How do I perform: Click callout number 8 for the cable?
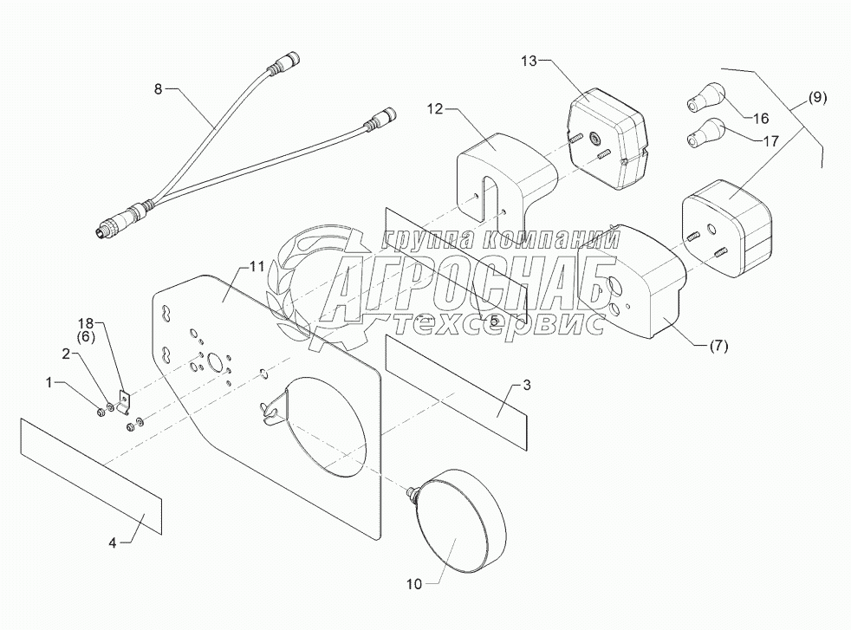coord(157,88)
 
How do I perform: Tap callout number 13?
coord(530,61)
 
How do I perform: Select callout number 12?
coord(434,108)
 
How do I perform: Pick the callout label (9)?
coord(817,97)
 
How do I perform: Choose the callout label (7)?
coord(718,347)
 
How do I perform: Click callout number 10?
coord(413,584)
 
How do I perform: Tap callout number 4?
coord(113,543)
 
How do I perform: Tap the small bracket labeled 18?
coord(125,400)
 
